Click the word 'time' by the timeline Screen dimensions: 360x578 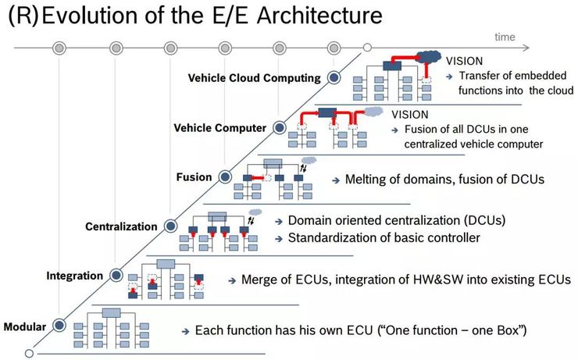[505, 37]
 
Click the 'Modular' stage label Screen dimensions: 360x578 [24, 326]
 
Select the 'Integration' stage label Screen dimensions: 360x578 [75, 276]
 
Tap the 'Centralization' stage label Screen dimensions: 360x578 [121, 226]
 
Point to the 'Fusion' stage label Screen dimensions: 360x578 [194, 177]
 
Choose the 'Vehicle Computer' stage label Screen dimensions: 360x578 [219, 127]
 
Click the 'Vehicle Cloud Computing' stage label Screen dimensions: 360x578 [254, 77]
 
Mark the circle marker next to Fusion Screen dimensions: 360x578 [225, 177]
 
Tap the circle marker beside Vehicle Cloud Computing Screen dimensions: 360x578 [334, 77]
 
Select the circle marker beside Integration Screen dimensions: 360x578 [116, 276]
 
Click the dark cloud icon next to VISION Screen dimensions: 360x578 [428, 56]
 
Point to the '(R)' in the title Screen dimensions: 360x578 [22, 16]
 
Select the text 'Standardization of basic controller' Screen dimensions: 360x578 [384, 237]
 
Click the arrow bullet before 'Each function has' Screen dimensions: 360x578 [185, 331]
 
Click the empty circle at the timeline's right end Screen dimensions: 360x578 [367, 48]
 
